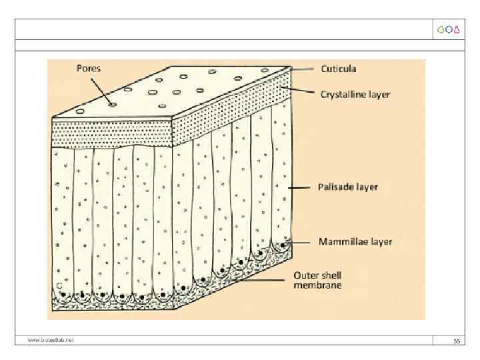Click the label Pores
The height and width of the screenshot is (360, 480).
click(x=88, y=68)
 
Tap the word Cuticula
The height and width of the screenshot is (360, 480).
click(x=338, y=69)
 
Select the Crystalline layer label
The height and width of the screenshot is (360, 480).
click(x=355, y=95)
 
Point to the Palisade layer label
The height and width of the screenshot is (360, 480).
click(x=347, y=187)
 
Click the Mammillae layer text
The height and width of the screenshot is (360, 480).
click(x=355, y=242)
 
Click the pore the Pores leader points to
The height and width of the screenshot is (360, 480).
click(x=112, y=104)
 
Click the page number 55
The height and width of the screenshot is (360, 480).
click(x=457, y=341)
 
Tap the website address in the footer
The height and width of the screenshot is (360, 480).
click(x=51, y=340)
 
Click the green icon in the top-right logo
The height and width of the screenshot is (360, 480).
click(x=441, y=29)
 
